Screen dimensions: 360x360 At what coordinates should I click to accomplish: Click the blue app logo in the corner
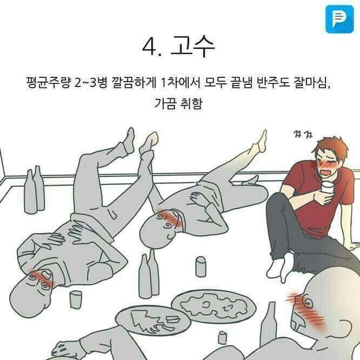point(339,19)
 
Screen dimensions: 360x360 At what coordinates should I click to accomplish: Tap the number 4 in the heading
point(149,48)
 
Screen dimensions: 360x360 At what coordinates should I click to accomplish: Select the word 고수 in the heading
point(192,48)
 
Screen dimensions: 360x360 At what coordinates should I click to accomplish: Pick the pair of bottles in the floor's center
point(148,274)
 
